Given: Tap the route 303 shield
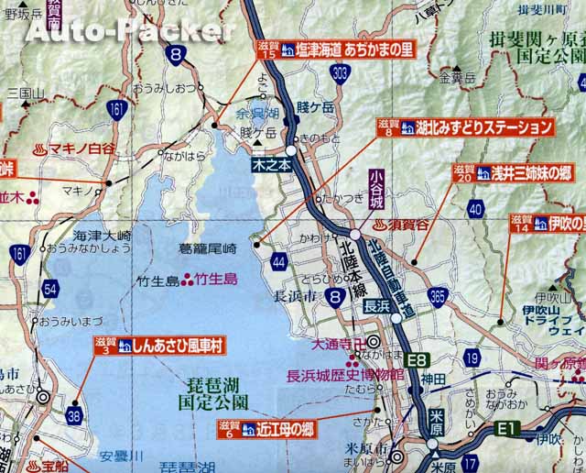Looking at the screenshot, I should coord(340,71).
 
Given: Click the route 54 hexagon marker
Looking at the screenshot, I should coord(52,290).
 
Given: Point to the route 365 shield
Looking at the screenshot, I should coord(437,295).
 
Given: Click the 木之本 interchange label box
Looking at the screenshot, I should coord(272,166).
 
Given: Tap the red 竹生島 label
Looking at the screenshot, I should coord(218,279).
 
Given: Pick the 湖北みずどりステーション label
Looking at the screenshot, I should coord(464,127).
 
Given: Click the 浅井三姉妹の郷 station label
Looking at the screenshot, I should coord(516,170).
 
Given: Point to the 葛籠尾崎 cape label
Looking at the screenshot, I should coord(209,248).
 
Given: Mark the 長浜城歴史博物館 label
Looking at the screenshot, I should coord(345,375).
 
